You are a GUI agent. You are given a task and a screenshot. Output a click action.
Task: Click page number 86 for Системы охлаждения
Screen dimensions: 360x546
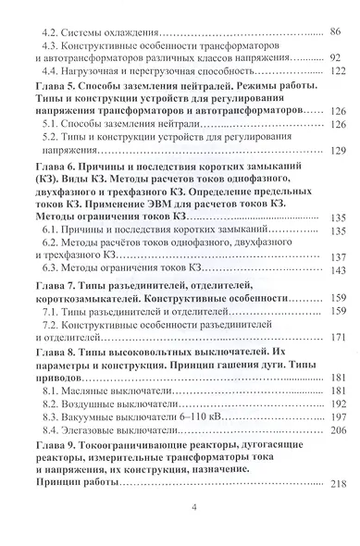coord(335,32)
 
